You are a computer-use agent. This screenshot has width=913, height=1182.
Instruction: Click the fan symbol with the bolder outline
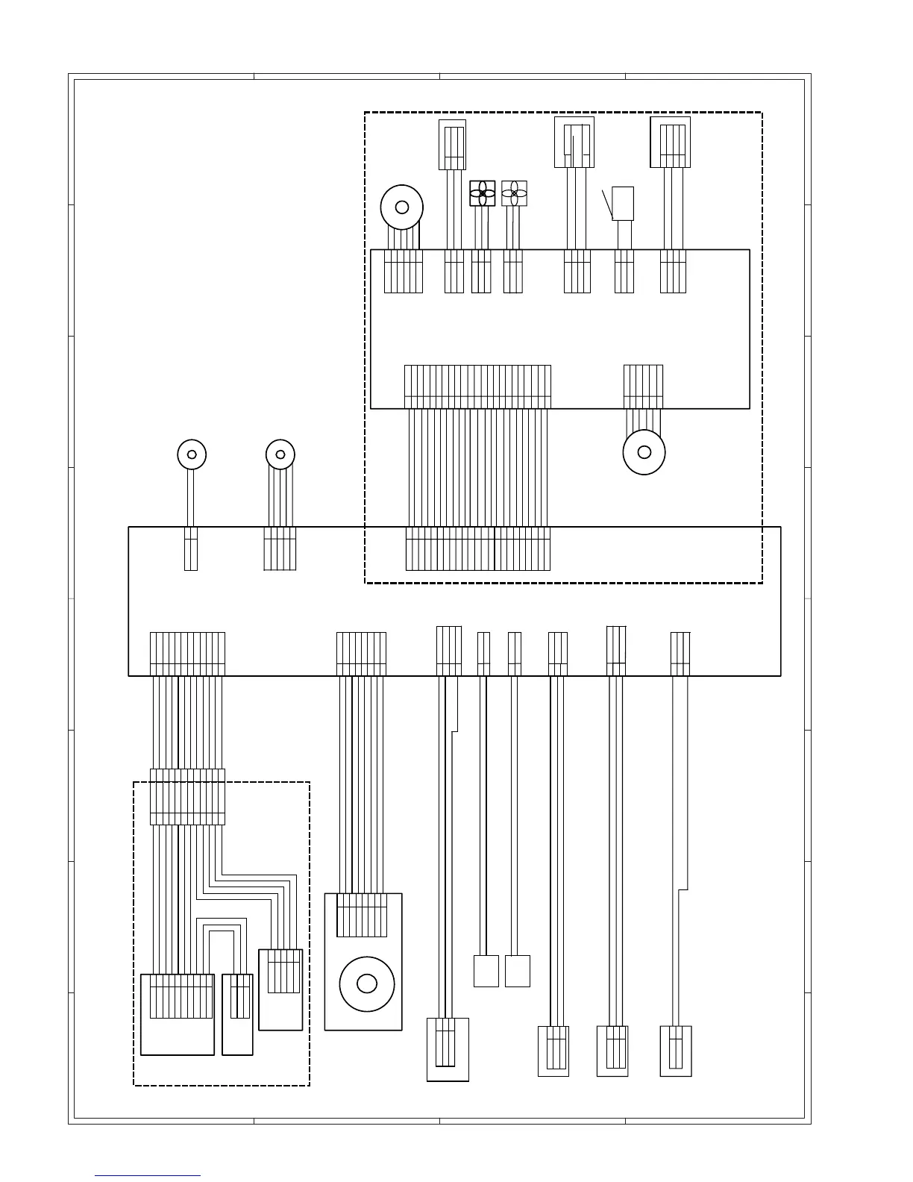483,193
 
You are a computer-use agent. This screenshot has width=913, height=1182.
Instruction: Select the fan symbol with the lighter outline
514,193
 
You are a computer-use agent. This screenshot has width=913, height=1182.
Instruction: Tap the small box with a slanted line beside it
623,203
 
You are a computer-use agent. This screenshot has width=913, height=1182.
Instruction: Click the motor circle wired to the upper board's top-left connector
402,207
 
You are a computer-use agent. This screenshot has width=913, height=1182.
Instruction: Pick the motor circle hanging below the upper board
644,452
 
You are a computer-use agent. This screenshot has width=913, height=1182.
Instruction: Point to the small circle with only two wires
192,454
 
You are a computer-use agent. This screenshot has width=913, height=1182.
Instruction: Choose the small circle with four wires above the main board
280,454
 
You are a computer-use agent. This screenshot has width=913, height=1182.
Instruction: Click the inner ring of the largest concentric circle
367,984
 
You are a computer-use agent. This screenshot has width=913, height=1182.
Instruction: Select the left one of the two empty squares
486,971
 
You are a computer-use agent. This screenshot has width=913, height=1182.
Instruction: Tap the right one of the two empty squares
518,971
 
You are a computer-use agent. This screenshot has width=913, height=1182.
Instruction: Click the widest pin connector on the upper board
477,387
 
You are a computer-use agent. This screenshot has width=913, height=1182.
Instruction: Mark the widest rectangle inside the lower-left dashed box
178,1014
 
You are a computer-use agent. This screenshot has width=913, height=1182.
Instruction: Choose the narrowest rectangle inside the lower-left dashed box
238,1014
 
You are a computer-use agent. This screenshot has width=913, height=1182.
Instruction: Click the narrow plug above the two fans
452,145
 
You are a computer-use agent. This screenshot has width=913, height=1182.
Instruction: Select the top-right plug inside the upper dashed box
671,142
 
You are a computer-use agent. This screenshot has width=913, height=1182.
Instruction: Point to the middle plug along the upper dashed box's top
574,142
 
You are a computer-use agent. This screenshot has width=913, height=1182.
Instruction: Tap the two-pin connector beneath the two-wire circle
191,548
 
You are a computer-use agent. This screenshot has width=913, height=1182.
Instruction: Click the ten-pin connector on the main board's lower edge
187,654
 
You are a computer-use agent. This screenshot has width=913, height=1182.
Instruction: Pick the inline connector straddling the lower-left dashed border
187,797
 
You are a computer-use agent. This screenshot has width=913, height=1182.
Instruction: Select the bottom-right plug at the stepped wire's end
676,1051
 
